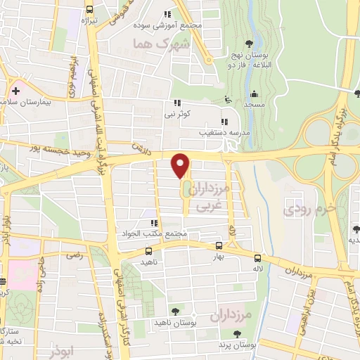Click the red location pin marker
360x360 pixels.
point(181,165)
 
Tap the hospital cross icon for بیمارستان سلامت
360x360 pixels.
point(15,91)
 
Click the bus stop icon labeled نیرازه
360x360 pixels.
point(89,10)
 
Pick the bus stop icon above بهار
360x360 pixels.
point(219,245)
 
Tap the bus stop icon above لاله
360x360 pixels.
point(257,258)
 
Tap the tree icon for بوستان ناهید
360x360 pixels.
point(174,311)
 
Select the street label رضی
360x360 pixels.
point(74,257)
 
